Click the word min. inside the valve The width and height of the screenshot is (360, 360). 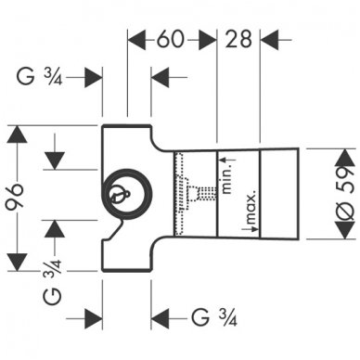(225, 168)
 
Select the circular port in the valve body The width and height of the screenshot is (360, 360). (118, 196)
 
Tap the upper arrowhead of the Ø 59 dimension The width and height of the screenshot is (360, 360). (316, 155)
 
